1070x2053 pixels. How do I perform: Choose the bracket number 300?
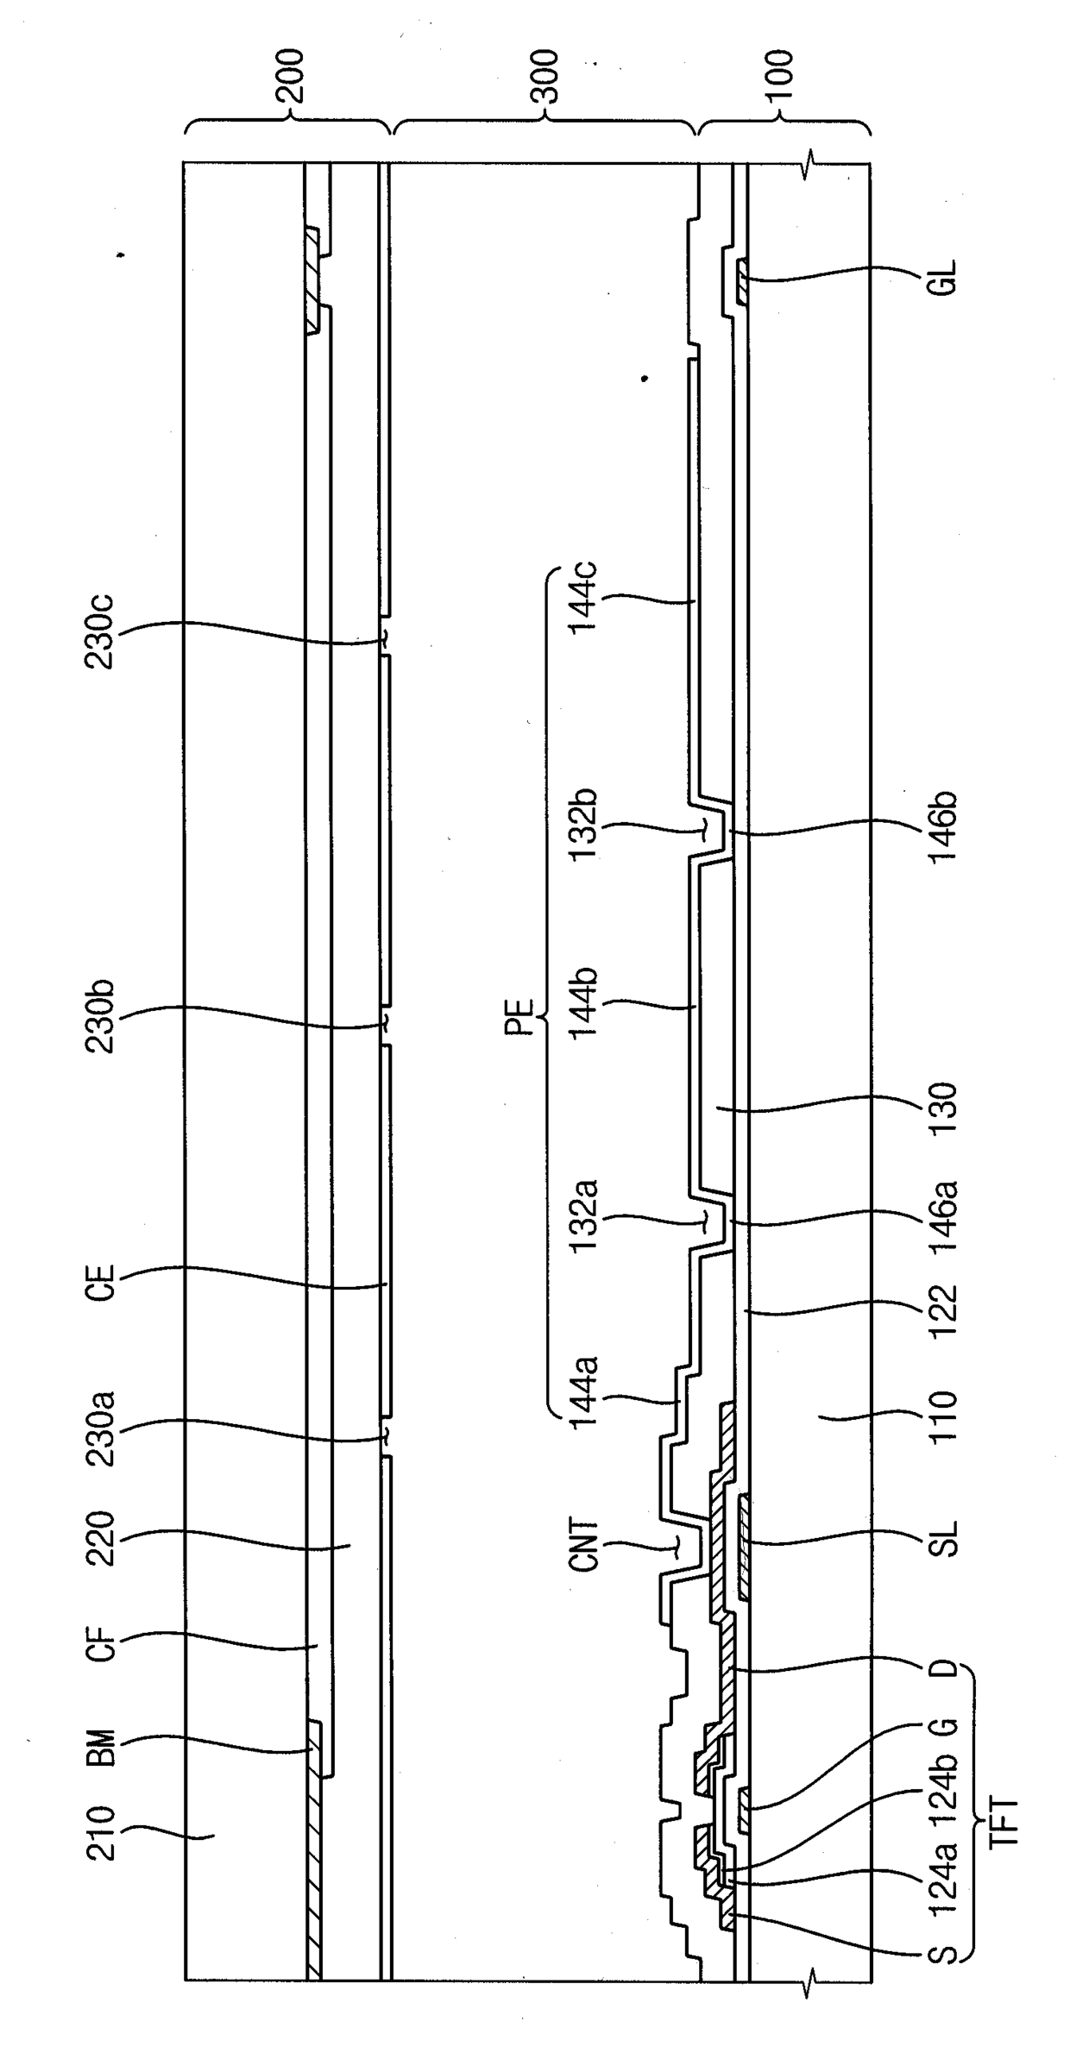click(545, 76)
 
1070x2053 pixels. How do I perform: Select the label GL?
click(946, 279)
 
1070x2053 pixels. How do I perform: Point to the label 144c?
click(585, 597)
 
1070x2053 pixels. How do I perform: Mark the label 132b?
click(585, 828)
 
